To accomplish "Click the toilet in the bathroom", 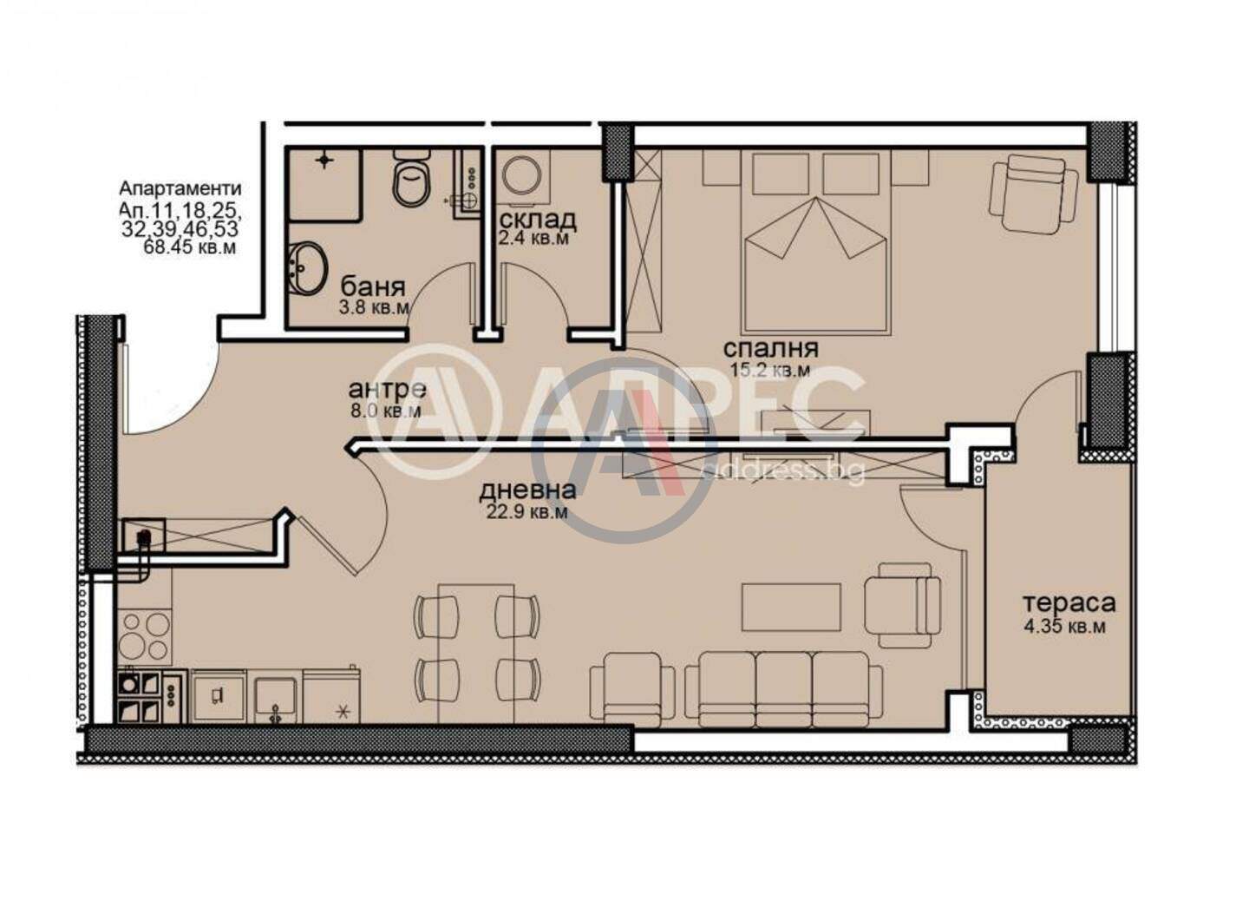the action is point(412,176).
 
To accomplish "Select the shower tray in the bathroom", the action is point(324,183).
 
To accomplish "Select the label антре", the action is point(388,389).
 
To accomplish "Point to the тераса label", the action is point(1069,602).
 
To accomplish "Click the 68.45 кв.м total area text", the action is point(190,247).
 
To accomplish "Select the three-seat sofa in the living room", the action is point(783,689).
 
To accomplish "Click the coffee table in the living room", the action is point(791,607).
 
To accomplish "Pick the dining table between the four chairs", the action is point(475,653).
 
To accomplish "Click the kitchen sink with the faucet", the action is point(275,700).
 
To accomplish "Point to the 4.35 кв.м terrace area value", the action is point(1064,627).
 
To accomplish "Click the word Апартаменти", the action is point(180,188).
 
